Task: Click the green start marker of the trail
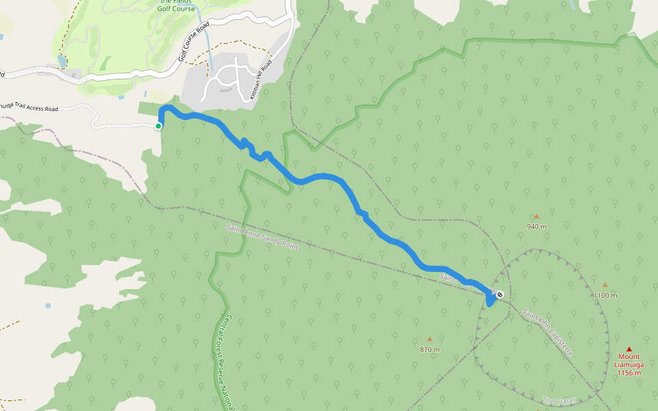(158, 125)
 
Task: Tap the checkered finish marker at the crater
(500, 295)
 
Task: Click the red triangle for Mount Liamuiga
(629, 349)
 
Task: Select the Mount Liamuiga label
(629, 360)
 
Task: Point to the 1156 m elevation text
(629, 373)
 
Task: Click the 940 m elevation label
(537, 227)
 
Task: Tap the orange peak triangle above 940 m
(536, 216)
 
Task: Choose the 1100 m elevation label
(605, 295)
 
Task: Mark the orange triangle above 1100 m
(605, 285)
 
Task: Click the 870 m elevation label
(430, 349)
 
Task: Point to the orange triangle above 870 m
(430, 338)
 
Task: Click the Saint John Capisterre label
(548, 332)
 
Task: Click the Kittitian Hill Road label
(261, 80)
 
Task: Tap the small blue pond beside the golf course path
(63, 62)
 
